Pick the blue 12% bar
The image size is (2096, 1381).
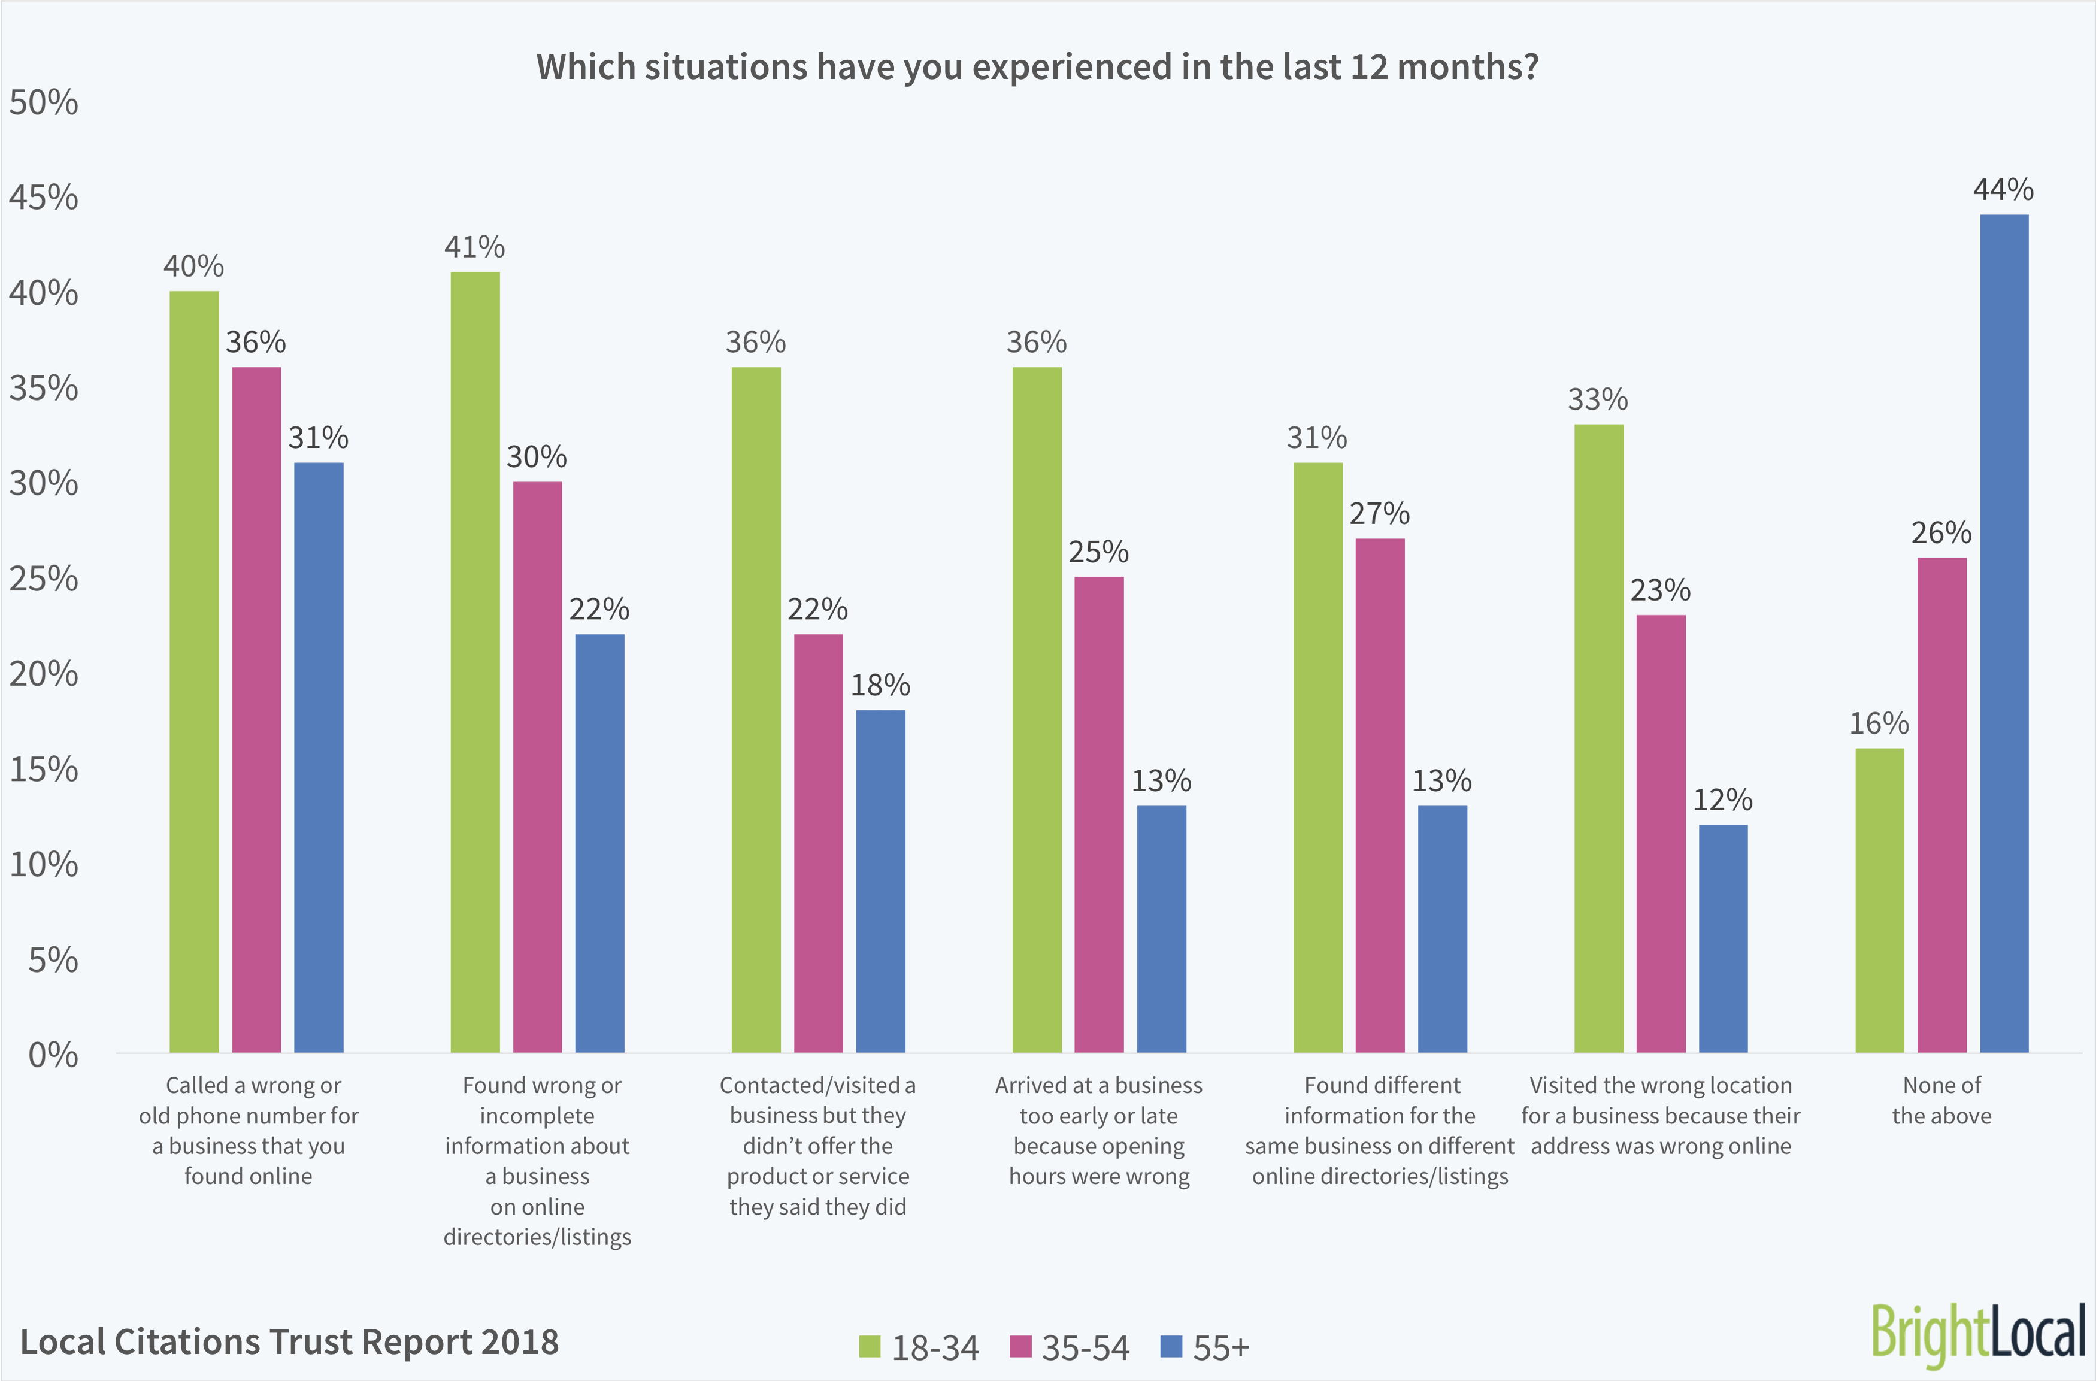1722,938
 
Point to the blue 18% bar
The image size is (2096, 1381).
880,881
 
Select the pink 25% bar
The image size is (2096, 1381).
1098,814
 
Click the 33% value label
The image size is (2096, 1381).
1598,400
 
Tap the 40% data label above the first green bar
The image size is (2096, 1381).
194,266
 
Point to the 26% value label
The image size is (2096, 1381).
1941,533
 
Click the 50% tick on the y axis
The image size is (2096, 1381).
43,103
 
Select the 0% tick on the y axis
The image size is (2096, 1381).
53,1055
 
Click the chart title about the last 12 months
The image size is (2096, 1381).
1037,67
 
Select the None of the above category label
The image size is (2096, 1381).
1941,1100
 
